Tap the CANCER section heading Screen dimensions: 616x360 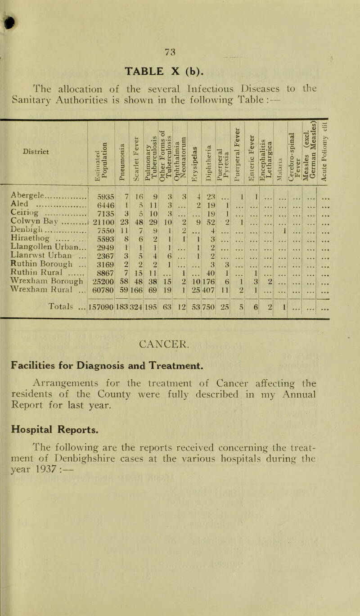[179, 357]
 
